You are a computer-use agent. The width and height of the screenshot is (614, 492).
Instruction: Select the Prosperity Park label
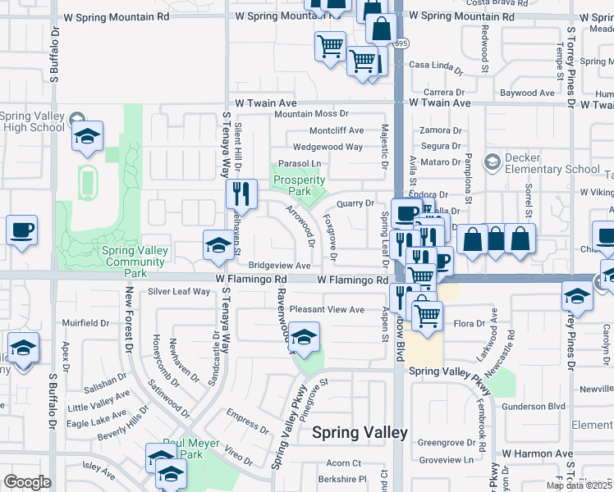(x=299, y=185)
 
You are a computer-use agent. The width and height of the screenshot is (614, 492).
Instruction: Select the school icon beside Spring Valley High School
(x=87, y=137)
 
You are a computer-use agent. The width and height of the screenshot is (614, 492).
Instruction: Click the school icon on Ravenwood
(x=305, y=338)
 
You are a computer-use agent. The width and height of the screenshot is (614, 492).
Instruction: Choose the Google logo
(x=27, y=482)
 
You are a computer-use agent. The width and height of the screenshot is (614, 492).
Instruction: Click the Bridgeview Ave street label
(x=280, y=266)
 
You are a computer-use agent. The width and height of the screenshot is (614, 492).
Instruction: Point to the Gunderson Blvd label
(x=534, y=406)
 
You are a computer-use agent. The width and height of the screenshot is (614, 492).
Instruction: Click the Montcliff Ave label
(x=337, y=130)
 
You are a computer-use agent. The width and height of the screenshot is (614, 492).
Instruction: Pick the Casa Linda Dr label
(x=437, y=65)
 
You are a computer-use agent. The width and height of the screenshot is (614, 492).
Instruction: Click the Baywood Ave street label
(x=529, y=93)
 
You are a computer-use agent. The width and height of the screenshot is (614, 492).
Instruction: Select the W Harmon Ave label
(x=538, y=453)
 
